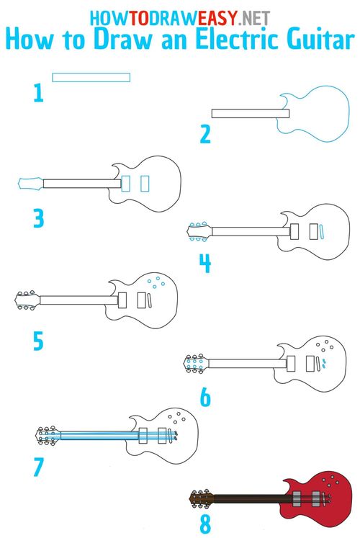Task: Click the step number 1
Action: (x=38, y=92)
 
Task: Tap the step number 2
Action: (x=205, y=134)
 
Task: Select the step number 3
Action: (x=38, y=218)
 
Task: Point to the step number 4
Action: (x=205, y=264)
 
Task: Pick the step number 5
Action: (x=38, y=341)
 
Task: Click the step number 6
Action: (x=205, y=397)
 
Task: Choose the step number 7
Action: (x=38, y=467)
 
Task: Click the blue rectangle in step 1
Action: (x=91, y=76)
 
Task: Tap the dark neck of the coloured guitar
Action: (x=252, y=497)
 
